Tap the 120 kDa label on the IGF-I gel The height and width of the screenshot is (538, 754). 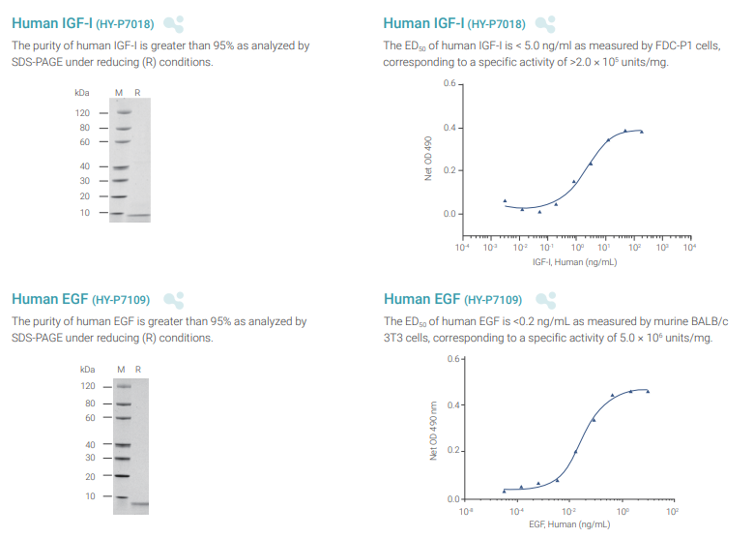point(83,112)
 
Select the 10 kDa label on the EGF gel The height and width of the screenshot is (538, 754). point(91,495)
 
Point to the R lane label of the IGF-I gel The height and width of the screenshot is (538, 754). point(137,93)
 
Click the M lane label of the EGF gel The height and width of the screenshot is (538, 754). point(122,370)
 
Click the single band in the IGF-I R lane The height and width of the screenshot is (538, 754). point(138,216)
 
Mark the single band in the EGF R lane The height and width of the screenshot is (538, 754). point(139,503)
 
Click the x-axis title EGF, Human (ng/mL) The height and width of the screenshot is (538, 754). point(569,524)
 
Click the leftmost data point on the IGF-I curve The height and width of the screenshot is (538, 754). point(505,200)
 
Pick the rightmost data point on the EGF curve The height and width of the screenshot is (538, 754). point(648,391)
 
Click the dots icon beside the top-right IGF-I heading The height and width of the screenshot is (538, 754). point(545,22)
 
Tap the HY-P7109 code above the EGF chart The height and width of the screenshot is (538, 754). point(494,300)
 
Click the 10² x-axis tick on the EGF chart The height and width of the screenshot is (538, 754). point(673,510)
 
